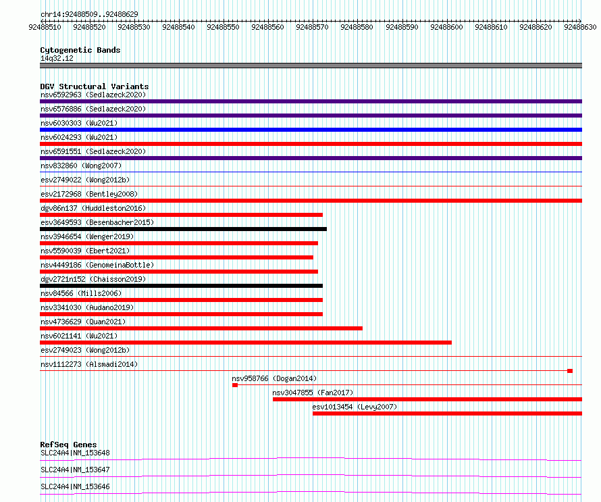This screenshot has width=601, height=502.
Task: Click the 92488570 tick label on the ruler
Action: pyautogui.click(x=312, y=27)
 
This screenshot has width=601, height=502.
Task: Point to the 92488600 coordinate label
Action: pyautogui.click(x=446, y=27)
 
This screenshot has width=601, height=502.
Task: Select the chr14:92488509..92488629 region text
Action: pyautogui.click(x=89, y=14)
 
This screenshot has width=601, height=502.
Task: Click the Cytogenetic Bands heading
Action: pyautogui.click(x=80, y=50)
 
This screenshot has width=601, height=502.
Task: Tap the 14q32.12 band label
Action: pyautogui.click(x=57, y=58)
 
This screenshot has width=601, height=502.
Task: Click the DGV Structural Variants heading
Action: pyautogui.click(x=95, y=86)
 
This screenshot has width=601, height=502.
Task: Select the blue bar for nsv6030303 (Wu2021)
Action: pyautogui.click(x=311, y=130)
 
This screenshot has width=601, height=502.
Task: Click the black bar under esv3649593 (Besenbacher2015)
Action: pyautogui.click(x=183, y=229)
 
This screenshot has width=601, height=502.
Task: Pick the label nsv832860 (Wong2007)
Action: pyautogui.click(x=81, y=166)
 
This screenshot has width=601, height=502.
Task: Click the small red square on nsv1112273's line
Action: pyautogui.click(x=570, y=371)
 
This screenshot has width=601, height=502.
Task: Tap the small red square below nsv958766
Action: pyautogui.click(x=235, y=385)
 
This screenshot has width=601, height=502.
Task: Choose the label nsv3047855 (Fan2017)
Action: pyautogui.click(x=313, y=393)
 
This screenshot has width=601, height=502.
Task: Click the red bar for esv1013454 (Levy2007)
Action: pyautogui.click(x=447, y=413)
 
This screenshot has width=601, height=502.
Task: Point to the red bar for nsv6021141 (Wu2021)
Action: pyautogui.click(x=246, y=343)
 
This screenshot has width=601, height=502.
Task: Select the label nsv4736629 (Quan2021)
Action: pyautogui.click(x=83, y=322)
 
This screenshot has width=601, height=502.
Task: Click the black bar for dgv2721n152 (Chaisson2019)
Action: pyautogui.click(x=181, y=286)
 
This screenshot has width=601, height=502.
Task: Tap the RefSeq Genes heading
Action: pyautogui.click(x=69, y=445)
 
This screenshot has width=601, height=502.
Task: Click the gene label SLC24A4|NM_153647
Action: pyautogui.click(x=75, y=470)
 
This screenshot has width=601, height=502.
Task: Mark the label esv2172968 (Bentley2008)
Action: pyautogui.click(x=89, y=194)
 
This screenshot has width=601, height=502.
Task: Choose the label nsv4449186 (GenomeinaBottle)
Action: pyautogui.click(x=97, y=265)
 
